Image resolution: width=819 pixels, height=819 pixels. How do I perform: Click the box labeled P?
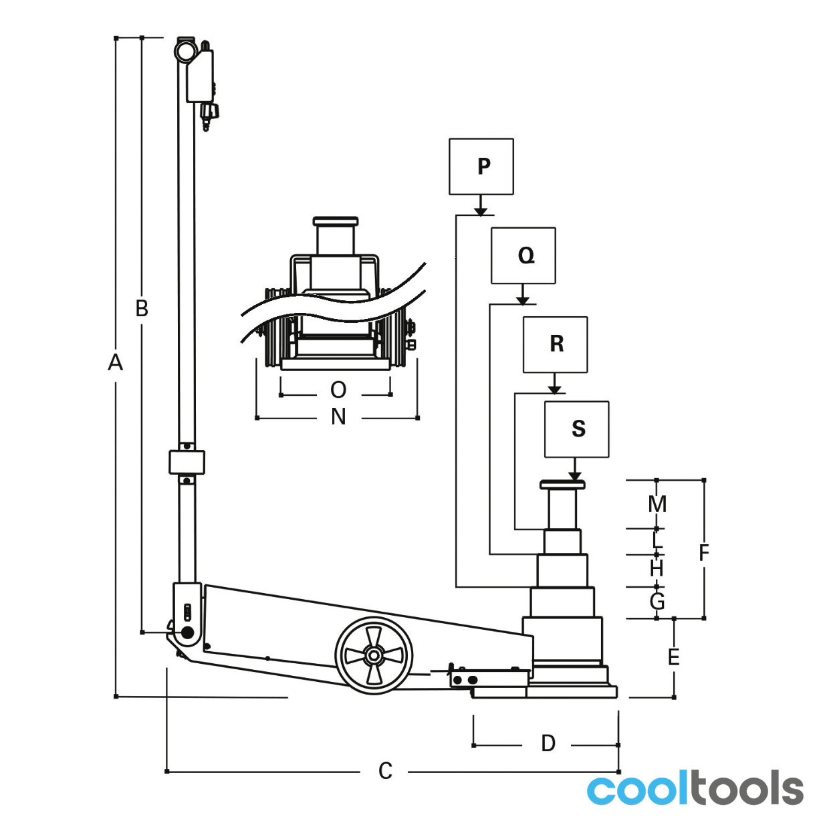pyautogui.click(x=481, y=166)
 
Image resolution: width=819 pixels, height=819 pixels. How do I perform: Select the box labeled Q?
pyautogui.click(x=523, y=255)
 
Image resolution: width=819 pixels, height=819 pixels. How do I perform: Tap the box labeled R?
pyautogui.click(x=555, y=345)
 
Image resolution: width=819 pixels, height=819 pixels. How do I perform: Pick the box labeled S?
pyautogui.click(x=576, y=429)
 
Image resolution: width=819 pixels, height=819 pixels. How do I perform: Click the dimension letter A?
pyautogui.click(x=115, y=362)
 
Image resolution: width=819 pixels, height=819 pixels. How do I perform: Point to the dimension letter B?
pyautogui.click(x=142, y=309)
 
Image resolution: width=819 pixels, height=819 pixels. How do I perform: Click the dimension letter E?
pyautogui.click(x=674, y=657)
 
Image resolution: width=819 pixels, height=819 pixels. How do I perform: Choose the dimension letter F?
pyautogui.click(x=704, y=552)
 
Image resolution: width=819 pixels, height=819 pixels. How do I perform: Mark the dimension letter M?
pyautogui.click(x=657, y=505)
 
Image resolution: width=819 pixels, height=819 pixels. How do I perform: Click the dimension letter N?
pyautogui.click(x=338, y=417)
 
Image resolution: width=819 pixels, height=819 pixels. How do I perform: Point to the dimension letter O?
pyautogui.click(x=338, y=390)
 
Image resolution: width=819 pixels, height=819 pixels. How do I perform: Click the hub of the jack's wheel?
pyautogui.click(x=373, y=655)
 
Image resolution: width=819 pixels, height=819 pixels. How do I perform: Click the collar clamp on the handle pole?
pyautogui.click(x=187, y=463)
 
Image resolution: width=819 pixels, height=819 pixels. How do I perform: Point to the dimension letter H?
pyautogui.click(x=657, y=569)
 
